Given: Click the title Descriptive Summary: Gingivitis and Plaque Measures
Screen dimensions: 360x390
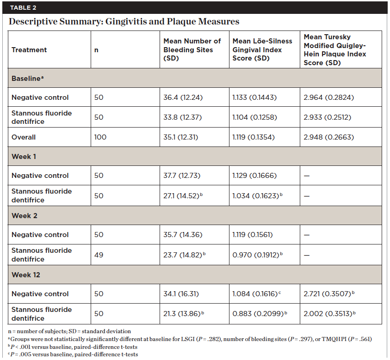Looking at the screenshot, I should pyautogui.click(x=124, y=21).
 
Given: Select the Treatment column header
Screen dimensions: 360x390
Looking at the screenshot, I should pyautogui.click(x=29, y=49).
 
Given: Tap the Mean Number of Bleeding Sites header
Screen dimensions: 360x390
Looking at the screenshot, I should pyautogui.click(x=192, y=49).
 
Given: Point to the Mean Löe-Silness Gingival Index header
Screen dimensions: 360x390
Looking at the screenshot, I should pyautogui.click(x=262, y=49).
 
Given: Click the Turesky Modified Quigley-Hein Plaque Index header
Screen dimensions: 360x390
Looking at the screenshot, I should pyautogui.click(x=334, y=49).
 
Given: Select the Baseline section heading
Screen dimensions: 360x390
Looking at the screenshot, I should pyautogui.click(x=27, y=78).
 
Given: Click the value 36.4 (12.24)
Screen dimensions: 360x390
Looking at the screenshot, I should pyautogui.click(x=183, y=98).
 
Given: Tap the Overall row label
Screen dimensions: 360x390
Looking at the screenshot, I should pyautogui.click(x=24, y=137).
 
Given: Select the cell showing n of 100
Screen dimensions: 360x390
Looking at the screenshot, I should pyautogui.click(x=100, y=137).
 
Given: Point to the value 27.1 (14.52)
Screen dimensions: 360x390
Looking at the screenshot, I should pyautogui.click(x=184, y=195).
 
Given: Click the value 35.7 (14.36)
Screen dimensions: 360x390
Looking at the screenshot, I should pyautogui.click(x=183, y=235).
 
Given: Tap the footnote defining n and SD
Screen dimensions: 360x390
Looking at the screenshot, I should pyautogui.click(x=69, y=331).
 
